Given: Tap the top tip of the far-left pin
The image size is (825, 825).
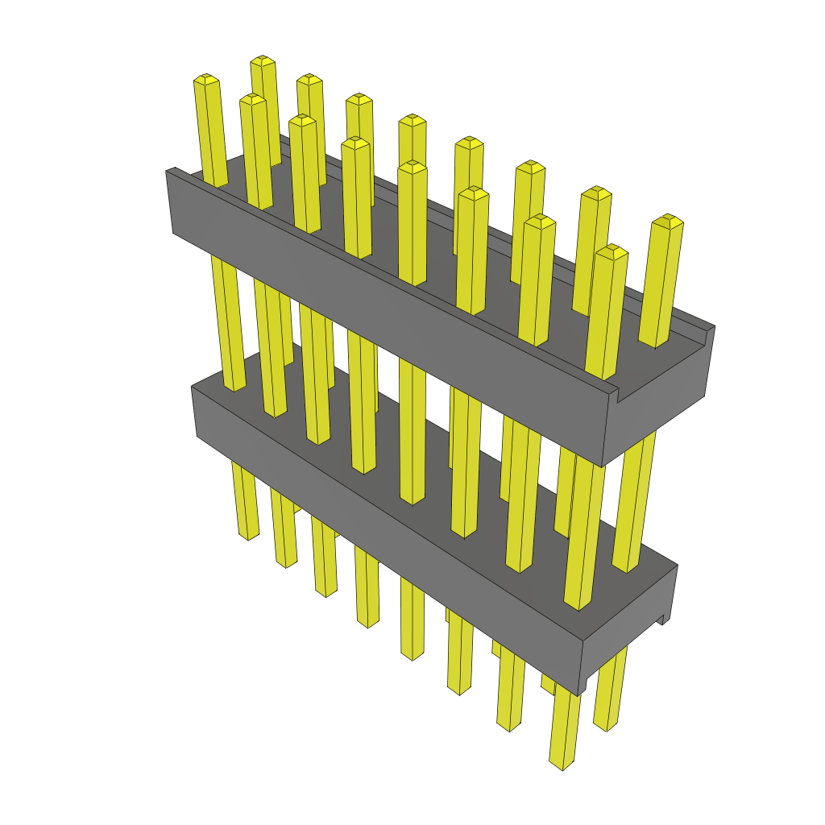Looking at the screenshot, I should click(207, 79).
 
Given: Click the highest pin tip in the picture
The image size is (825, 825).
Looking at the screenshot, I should click(263, 60).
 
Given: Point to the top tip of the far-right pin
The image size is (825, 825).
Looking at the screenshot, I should click(667, 219).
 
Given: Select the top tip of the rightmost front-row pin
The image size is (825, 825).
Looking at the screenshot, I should click(612, 250).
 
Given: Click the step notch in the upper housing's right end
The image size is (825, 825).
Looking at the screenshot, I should click(616, 395).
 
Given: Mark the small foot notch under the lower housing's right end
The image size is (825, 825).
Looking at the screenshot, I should click(665, 619).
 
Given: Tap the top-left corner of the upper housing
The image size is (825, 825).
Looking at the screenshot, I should click(167, 171).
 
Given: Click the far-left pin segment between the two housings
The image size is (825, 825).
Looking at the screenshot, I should click(226, 322).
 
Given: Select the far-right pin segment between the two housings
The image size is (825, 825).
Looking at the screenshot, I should click(636, 500).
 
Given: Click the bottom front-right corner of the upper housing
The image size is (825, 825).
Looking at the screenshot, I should click(603, 466).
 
